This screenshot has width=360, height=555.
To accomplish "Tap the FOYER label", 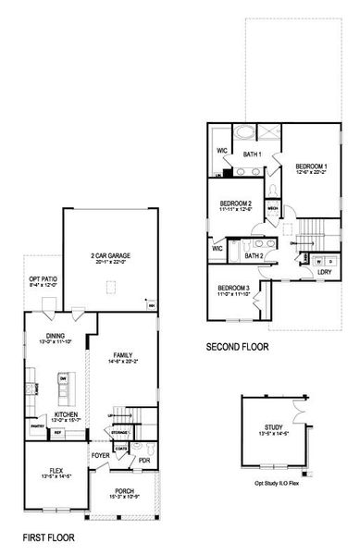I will [100, 456].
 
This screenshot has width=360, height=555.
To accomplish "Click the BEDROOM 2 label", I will [236, 203].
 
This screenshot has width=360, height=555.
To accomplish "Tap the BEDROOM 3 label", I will [234, 288].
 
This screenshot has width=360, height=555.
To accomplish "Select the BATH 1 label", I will [253, 154].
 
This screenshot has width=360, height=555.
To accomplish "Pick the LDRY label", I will [325, 272].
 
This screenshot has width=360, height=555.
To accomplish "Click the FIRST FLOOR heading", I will [50, 536].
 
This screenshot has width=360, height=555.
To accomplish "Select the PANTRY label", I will [38, 426].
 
